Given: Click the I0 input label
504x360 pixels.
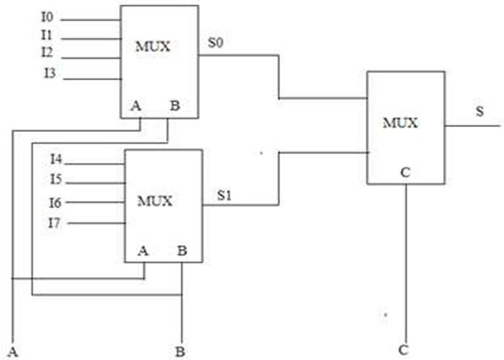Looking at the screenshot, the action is point(47,17).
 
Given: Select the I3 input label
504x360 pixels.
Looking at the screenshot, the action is point(50,74).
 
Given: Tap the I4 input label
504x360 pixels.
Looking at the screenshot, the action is point(57,159).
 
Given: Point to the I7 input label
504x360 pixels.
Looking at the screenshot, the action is point(54,222).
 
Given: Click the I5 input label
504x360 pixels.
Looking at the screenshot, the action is point(56,179).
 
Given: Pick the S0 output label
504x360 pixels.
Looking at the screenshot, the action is point(215,42).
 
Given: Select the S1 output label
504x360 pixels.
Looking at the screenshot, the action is point(224,195).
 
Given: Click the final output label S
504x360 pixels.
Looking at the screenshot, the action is point(480,111).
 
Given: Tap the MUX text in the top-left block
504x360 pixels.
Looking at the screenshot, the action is point(153,47).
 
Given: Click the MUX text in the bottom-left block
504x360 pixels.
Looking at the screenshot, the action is point(155,201).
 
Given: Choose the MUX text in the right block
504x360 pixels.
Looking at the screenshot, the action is point(400,123).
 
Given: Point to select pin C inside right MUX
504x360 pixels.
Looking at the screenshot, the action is point(405,172).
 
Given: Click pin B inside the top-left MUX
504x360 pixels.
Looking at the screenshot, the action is point(175,105).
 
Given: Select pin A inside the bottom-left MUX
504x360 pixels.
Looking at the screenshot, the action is point(143,251).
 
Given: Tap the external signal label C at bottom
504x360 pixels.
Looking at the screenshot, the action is point(404,349).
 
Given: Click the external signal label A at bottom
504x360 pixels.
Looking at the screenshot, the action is point(13,352).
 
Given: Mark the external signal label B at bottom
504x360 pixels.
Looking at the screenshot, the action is point(180,352).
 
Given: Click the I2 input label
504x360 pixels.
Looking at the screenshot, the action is point(47,52).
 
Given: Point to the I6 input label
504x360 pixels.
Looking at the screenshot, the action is point(55,202).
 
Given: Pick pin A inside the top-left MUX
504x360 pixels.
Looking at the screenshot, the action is point(136,105).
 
